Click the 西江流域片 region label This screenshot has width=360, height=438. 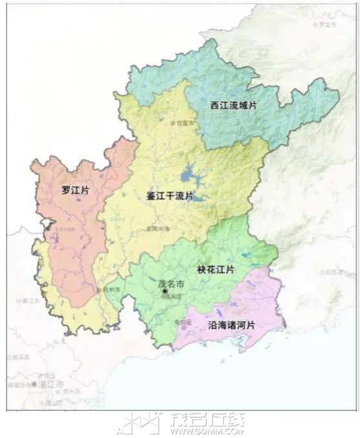(233, 104)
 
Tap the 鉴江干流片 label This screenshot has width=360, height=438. (169, 195)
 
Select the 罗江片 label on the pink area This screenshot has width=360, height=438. (75, 191)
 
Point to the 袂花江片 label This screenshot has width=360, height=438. (216, 268)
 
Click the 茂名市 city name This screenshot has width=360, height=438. (171, 283)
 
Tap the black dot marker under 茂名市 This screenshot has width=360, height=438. (165, 292)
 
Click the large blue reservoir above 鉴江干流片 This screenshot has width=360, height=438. (191, 175)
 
